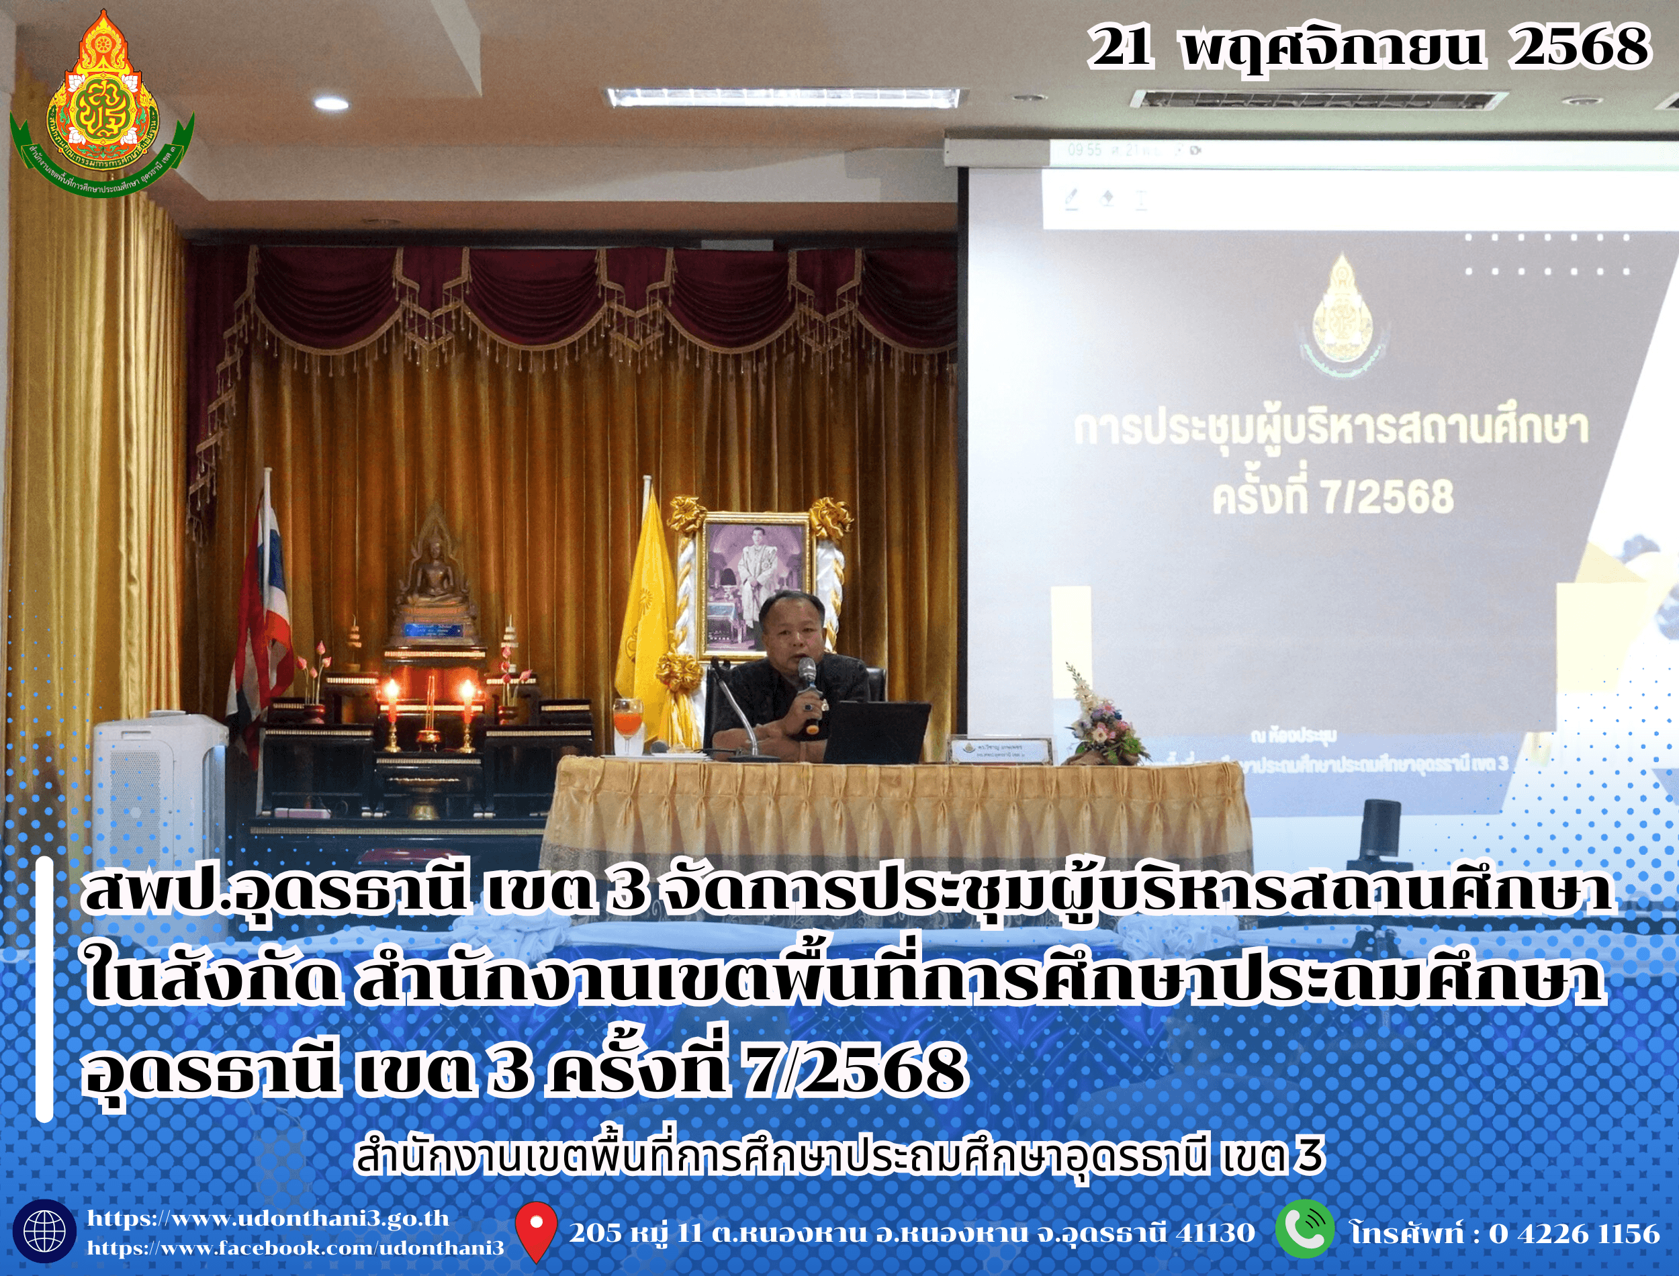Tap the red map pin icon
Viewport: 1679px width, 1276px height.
point(536,1230)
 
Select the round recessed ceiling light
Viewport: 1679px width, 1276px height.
point(331,103)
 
